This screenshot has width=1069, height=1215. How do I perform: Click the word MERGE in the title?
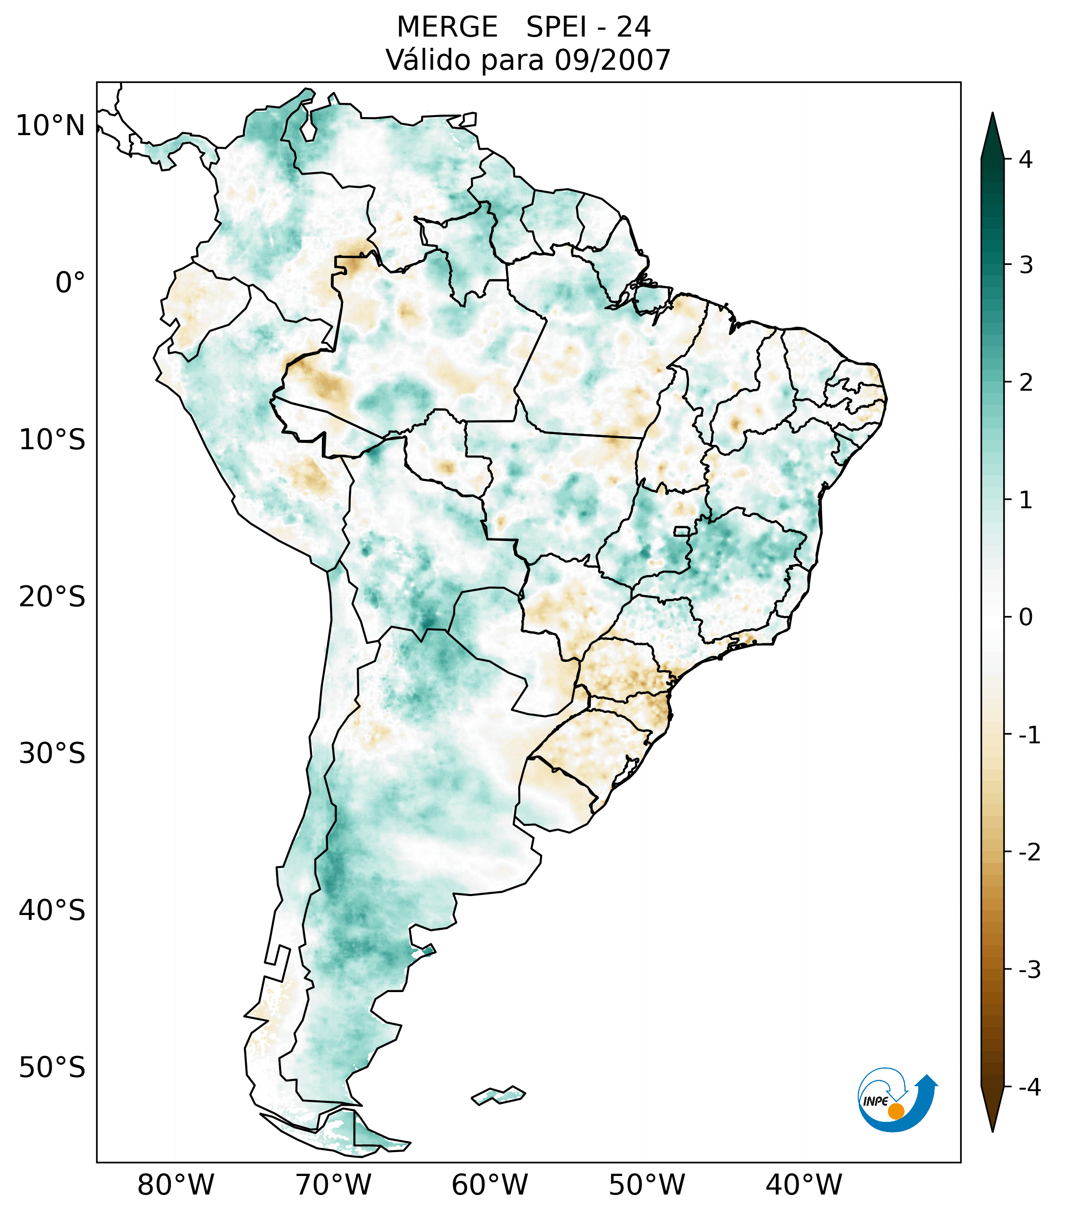click(446, 27)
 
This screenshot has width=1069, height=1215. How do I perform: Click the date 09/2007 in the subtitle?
click(612, 60)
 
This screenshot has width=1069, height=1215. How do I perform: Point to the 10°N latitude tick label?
click(51, 126)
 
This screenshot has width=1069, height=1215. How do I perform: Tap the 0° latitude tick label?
click(70, 282)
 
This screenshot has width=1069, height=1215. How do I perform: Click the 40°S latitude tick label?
click(52, 910)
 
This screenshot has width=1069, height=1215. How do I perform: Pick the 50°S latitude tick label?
click(52, 1068)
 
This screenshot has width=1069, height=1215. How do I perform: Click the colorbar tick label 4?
click(1026, 159)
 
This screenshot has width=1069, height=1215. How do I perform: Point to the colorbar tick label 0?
click(1026, 617)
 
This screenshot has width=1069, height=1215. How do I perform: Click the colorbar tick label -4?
click(1029, 1087)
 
